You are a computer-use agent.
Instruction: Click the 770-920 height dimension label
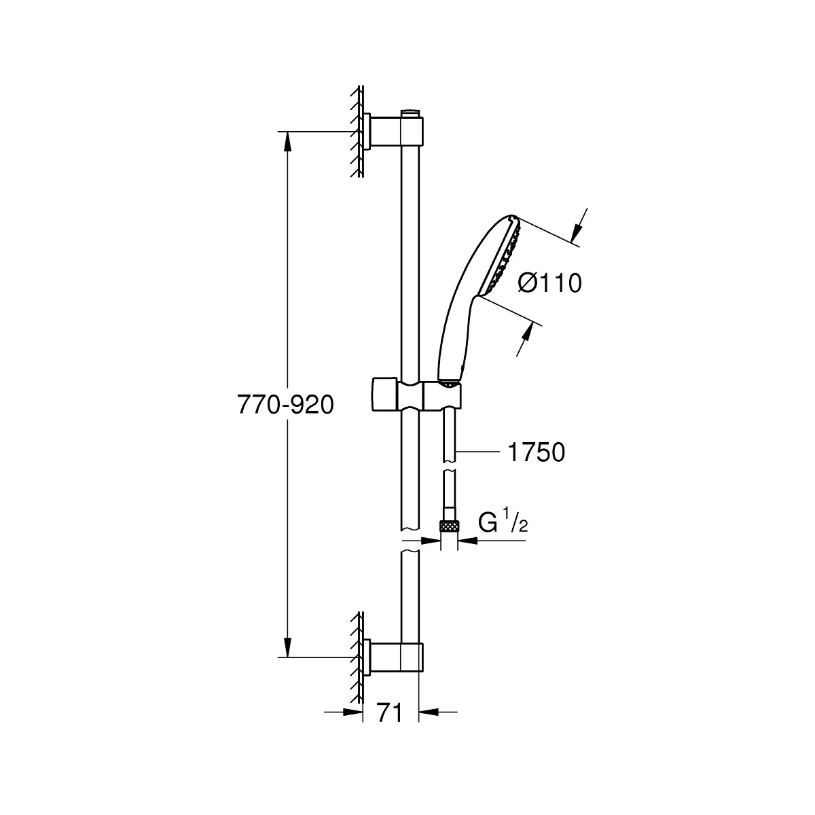pos(285,405)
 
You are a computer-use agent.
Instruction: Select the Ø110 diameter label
pos(549,283)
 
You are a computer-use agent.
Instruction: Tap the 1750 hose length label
pos(535,452)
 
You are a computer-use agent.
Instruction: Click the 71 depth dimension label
pos(389,713)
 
